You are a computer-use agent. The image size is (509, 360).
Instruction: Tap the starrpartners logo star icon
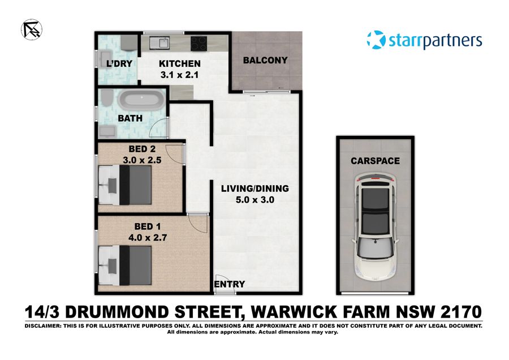click(376, 40)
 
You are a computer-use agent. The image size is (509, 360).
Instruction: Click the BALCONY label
click(265, 60)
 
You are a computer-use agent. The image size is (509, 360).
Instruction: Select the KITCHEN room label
click(179, 63)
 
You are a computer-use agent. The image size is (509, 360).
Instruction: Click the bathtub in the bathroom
click(141, 102)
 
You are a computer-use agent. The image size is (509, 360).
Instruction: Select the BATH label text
click(130, 119)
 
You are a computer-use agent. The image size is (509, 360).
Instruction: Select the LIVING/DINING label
click(255, 188)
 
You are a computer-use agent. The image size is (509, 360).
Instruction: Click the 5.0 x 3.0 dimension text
click(256, 199)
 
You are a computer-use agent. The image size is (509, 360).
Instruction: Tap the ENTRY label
click(230, 284)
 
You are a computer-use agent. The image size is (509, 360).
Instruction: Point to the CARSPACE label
click(375, 161)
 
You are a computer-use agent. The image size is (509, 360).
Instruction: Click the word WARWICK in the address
click(296, 312)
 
